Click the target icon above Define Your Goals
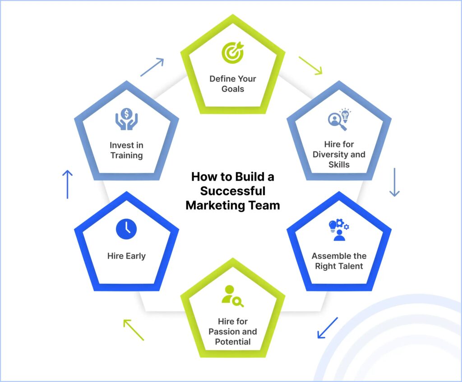tap(232, 53)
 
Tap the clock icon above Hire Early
tap(126, 229)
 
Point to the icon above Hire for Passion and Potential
tap(232, 296)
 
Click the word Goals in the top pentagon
tap(232, 89)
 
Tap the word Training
tap(126, 155)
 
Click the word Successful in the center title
tap(233, 191)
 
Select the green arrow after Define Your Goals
tap(310, 65)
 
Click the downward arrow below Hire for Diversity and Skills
tap(394, 182)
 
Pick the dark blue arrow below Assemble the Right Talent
tap(328, 327)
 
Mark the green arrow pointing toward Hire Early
tap(134, 330)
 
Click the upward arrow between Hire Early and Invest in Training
tap(67, 184)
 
